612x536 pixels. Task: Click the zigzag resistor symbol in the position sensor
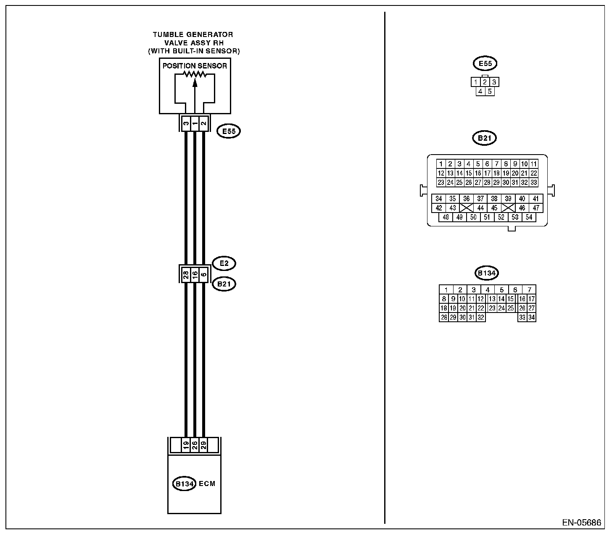(x=195, y=74)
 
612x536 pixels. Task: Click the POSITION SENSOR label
(x=195, y=66)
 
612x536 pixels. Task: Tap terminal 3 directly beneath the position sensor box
(x=185, y=123)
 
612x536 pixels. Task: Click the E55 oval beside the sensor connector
(x=228, y=131)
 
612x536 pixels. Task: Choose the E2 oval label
(x=224, y=263)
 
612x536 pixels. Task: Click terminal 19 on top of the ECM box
(x=186, y=445)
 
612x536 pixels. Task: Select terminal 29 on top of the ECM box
(x=203, y=445)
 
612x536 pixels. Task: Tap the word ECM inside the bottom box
(x=207, y=483)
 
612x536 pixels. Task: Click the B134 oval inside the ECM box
(x=184, y=483)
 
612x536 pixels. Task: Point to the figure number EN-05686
(x=581, y=523)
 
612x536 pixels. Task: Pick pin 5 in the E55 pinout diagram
(x=490, y=91)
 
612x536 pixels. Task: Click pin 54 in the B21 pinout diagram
(x=529, y=217)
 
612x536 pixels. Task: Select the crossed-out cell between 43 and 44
(x=466, y=208)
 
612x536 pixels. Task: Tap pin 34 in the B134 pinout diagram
(x=531, y=318)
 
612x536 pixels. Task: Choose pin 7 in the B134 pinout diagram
(x=530, y=289)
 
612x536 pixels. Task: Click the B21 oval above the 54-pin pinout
(x=484, y=138)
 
